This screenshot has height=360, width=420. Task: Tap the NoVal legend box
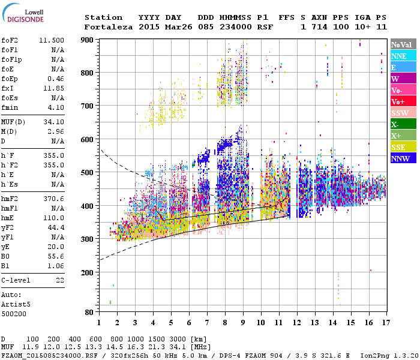point(401,44)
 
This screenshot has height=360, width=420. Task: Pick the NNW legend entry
point(401,158)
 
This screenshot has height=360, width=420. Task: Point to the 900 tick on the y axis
point(88,40)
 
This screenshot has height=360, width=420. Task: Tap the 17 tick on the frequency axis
point(385,323)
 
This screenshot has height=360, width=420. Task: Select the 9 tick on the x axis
point(242,323)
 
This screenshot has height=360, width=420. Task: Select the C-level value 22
point(60,280)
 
